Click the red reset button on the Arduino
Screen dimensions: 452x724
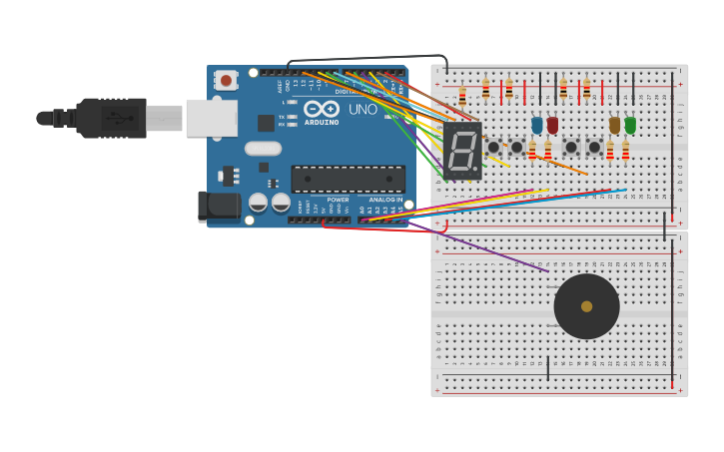tap(226, 80)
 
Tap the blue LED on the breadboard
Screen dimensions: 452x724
tap(537, 125)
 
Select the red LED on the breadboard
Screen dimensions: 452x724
tap(552, 125)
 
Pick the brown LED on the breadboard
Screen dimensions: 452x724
tap(614, 125)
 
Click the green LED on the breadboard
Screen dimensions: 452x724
tap(630, 125)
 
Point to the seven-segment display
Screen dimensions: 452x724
tap(462, 151)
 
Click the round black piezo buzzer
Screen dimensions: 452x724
tap(586, 306)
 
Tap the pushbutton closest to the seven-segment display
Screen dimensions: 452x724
tap(493, 148)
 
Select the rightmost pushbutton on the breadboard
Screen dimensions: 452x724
tap(595, 148)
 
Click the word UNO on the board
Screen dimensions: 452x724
tap(362, 109)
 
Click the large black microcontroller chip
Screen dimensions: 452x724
tap(348, 179)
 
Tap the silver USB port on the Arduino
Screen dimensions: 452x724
tap(211, 118)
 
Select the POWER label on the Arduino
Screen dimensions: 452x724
tap(338, 200)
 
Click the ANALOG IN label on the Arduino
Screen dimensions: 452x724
tap(385, 200)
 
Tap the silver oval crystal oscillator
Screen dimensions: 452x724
tap(263, 149)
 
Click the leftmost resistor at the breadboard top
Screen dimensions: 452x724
tap(462, 97)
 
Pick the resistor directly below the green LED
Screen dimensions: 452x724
tap(626, 152)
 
